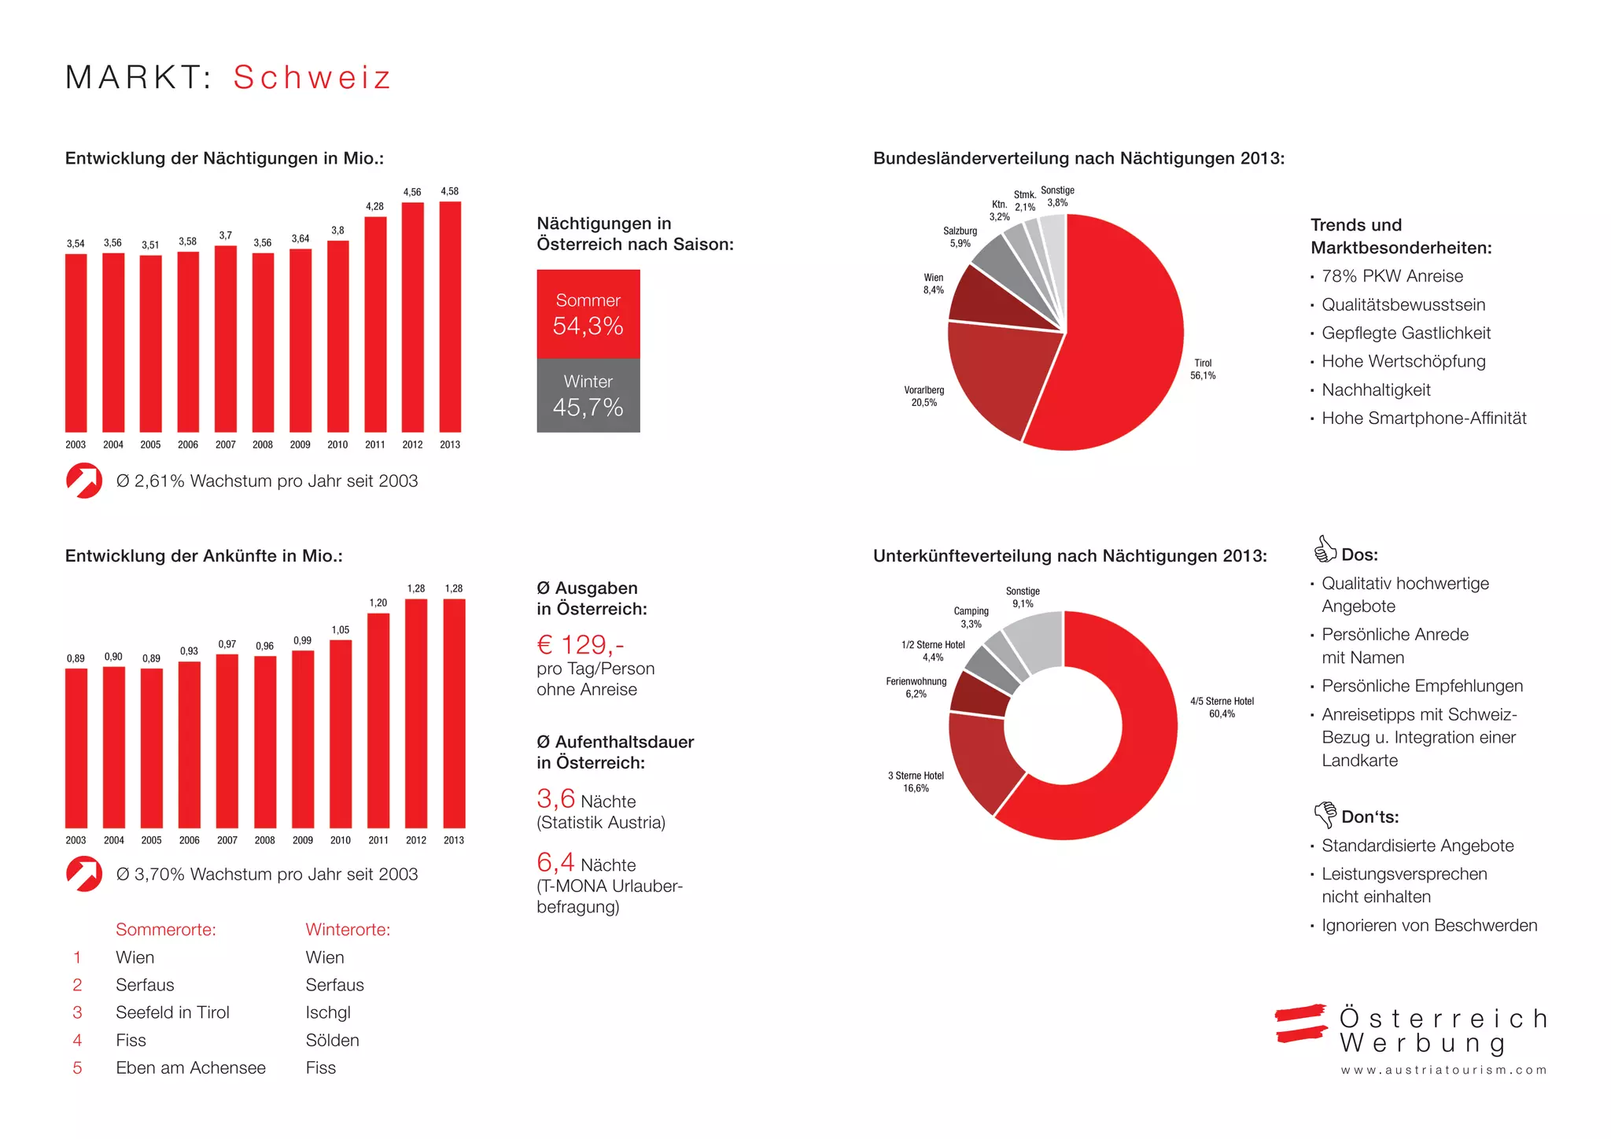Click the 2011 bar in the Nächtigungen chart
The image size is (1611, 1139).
tap(375, 323)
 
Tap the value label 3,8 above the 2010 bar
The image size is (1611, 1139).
tap(337, 230)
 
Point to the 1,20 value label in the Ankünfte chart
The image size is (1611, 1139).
tap(378, 603)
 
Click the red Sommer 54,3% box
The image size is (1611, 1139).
tap(588, 314)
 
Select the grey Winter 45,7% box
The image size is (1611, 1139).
tap(588, 396)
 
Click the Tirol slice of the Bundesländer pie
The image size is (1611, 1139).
tap(1125, 338)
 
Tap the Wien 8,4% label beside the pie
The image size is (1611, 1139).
tap(934, 284)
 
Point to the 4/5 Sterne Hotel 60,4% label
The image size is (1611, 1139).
tap(1222, 707)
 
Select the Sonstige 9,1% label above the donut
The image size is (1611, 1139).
tap(1023, 597)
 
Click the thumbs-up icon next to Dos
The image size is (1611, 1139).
tap(1325, 549)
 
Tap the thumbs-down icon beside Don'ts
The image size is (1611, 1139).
tap(1325, 813)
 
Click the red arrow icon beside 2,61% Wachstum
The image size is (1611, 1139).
tap(84, 481)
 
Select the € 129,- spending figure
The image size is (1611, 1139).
tap(581, 645)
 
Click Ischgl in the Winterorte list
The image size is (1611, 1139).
tap(328, 1012)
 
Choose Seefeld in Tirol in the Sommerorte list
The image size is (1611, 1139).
tap(172, 1012)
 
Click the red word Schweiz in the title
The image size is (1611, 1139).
tap(312, 77)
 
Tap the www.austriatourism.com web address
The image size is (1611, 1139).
tap(1443, 1070)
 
